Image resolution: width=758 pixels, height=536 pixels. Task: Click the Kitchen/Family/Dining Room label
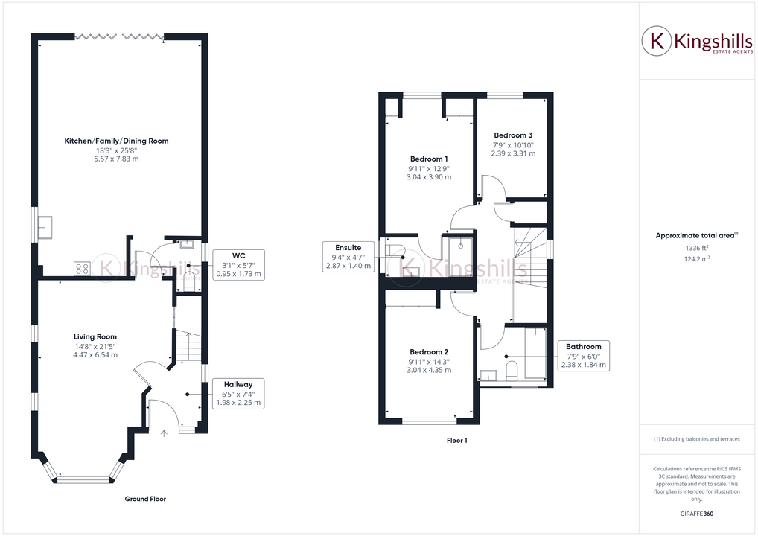[x=116, y=141]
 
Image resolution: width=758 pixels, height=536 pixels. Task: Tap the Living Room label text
[x=96, y=336]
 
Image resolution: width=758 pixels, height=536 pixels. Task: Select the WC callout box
[x=238, y=264]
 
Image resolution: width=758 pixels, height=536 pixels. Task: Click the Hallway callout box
[x=238, y=393]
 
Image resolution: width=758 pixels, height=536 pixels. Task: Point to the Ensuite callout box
[x=348, y=256]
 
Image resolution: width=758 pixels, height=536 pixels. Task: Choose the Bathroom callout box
[x=583, y=356]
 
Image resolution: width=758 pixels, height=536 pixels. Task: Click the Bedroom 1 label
[x=429, y=159]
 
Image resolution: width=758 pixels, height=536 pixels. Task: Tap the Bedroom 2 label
[x=429, y=351]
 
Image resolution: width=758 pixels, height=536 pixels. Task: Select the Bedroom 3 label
[x=513, y=135]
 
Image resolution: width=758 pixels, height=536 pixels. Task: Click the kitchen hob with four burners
[x=82, y=269]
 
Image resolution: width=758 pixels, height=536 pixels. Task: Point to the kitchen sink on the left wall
[x=46, y=225]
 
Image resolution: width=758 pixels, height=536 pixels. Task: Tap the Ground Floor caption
[x=145, y=499]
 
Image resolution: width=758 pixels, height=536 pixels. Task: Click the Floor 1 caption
[x=456, y=441]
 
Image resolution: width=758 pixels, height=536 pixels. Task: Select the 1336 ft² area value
[x=695, y=248]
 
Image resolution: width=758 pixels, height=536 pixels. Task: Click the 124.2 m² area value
[x=695, y=259]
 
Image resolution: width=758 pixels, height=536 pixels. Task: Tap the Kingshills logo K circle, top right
[x=657, y=42]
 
